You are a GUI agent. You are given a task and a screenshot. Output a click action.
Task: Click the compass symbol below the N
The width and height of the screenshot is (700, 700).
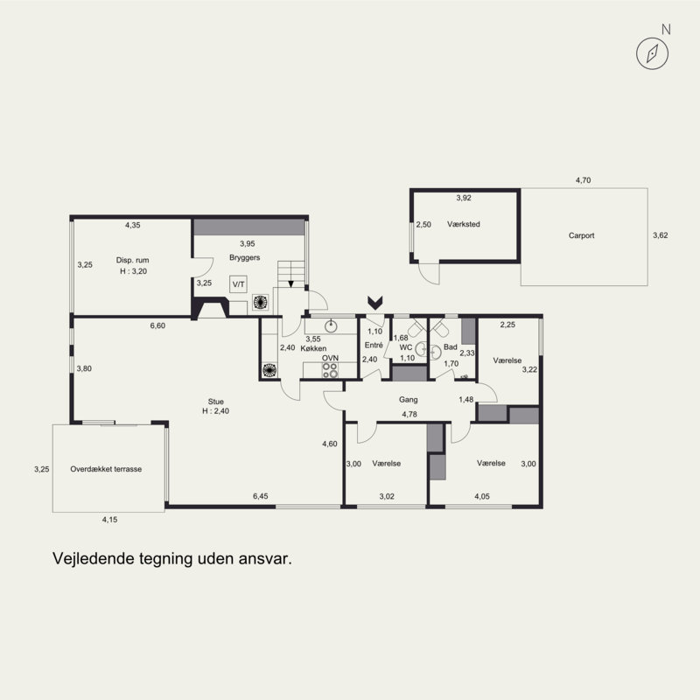(652, 53)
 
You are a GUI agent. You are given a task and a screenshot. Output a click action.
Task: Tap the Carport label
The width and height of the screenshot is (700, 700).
(581, 235)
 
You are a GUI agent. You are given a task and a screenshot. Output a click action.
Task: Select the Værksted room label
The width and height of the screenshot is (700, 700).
(464, 224)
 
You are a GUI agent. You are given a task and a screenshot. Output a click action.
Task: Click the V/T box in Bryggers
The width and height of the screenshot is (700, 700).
(238, 284)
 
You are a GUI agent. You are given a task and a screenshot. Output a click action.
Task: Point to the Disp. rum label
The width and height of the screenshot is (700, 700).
(133, 260)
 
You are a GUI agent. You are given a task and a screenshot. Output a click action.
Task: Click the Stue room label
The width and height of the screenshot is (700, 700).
(215, 402)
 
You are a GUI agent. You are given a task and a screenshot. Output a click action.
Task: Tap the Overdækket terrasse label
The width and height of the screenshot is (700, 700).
(106, 469)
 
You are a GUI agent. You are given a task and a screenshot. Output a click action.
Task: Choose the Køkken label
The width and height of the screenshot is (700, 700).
(313, 348)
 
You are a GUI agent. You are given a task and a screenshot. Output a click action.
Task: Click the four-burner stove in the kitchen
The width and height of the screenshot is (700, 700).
(330, 370)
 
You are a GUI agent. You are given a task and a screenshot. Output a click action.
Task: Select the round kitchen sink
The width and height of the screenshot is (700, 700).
(331, 326)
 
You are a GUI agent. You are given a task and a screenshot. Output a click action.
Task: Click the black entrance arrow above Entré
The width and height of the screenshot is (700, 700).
(375, 303)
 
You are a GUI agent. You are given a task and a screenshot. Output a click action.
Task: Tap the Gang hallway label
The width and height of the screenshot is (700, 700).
(409, 400)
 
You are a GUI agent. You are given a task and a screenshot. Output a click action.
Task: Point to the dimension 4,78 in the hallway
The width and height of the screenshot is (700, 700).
(409, 414)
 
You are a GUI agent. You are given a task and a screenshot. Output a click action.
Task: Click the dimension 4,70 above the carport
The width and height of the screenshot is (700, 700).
(583, 180)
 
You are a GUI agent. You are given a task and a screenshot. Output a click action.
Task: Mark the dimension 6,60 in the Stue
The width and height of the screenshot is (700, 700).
(157, 325)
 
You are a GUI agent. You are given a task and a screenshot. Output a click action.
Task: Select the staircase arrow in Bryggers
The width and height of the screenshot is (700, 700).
(291, 283)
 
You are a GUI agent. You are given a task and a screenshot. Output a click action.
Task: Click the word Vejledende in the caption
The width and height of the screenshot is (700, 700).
(94, 558)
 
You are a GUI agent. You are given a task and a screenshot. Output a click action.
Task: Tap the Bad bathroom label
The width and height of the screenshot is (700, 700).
(451, 346)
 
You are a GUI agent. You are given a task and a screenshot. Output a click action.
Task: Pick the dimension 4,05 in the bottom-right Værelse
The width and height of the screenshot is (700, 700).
(482, 496)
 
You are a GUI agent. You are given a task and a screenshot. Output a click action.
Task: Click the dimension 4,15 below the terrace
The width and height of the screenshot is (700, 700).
(110, 520)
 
